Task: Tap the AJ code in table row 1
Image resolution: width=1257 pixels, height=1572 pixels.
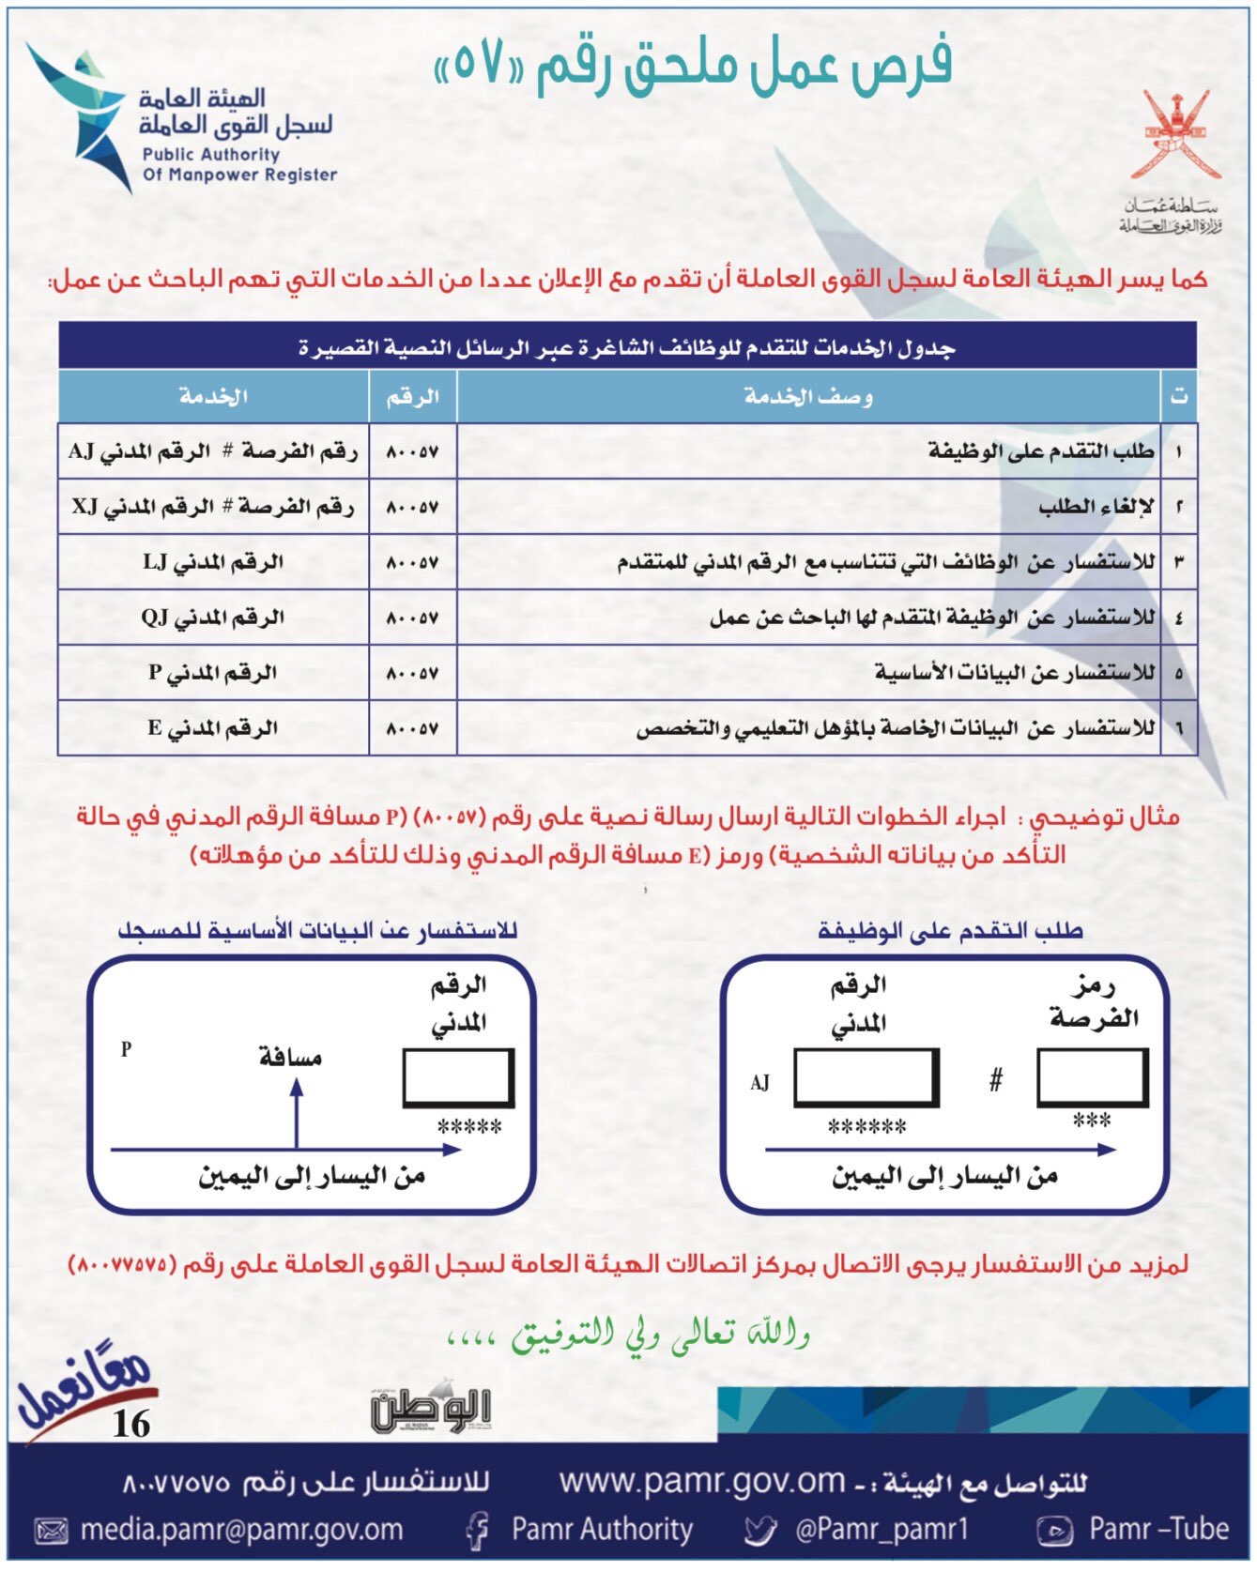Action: (82, 451)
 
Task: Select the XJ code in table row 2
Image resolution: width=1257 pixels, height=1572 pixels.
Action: (85, 507)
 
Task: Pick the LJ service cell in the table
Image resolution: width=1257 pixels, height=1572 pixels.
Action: (213, 562)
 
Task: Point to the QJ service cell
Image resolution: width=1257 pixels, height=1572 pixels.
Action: (213, 618)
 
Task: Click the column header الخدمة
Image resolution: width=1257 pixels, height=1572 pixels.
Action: (213, 396)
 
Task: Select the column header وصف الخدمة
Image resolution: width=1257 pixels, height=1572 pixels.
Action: (808, 396)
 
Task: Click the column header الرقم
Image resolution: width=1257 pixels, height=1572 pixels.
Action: (413, 396)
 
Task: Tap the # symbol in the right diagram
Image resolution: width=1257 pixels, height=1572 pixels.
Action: (996, 1080)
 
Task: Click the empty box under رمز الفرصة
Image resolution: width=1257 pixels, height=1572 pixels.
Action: (1092, 1076)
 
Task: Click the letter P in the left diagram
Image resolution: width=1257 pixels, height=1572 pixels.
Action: (127, 1049)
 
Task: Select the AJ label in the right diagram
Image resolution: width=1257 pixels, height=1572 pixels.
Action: (759, 1083)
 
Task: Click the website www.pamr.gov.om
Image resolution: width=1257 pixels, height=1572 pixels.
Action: (702, 1481)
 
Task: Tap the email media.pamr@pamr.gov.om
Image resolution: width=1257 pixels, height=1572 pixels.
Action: (241, 1530)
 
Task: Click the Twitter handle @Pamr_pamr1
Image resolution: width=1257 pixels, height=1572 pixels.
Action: (881, 1530)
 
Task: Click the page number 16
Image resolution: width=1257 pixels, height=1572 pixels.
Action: (130, 1424)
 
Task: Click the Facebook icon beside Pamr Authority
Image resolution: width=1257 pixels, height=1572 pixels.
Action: (478, 1531)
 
